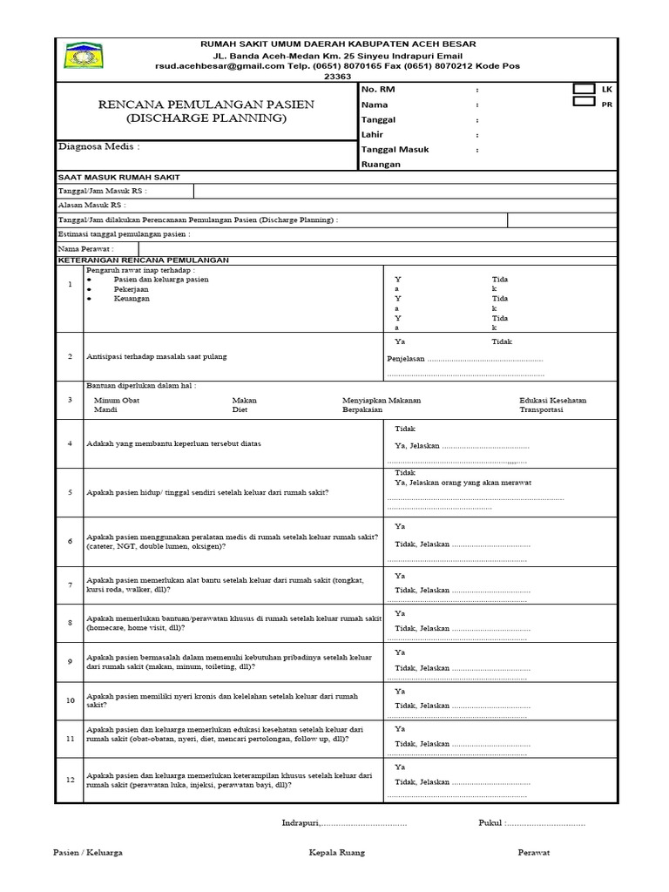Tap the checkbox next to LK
[x=584, y=89]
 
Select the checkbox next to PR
[x=584, y=102]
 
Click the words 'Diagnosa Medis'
[x=98, y=146]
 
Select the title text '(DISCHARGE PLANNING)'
[x=206, y=118]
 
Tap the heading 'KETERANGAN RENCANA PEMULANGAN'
[x=143, y=260]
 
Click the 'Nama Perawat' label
[x=85, y=248]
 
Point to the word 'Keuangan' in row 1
[x=132, y=299]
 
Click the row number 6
[x=70, y=541]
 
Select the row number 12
[x=70, y=780]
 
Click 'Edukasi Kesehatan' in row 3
[x=552, y=400]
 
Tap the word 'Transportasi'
[x=541, y=409]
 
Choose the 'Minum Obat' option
[x=117, y=400]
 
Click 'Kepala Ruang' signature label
[x=337, y=853]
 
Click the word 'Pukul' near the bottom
[x=490, y=822]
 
